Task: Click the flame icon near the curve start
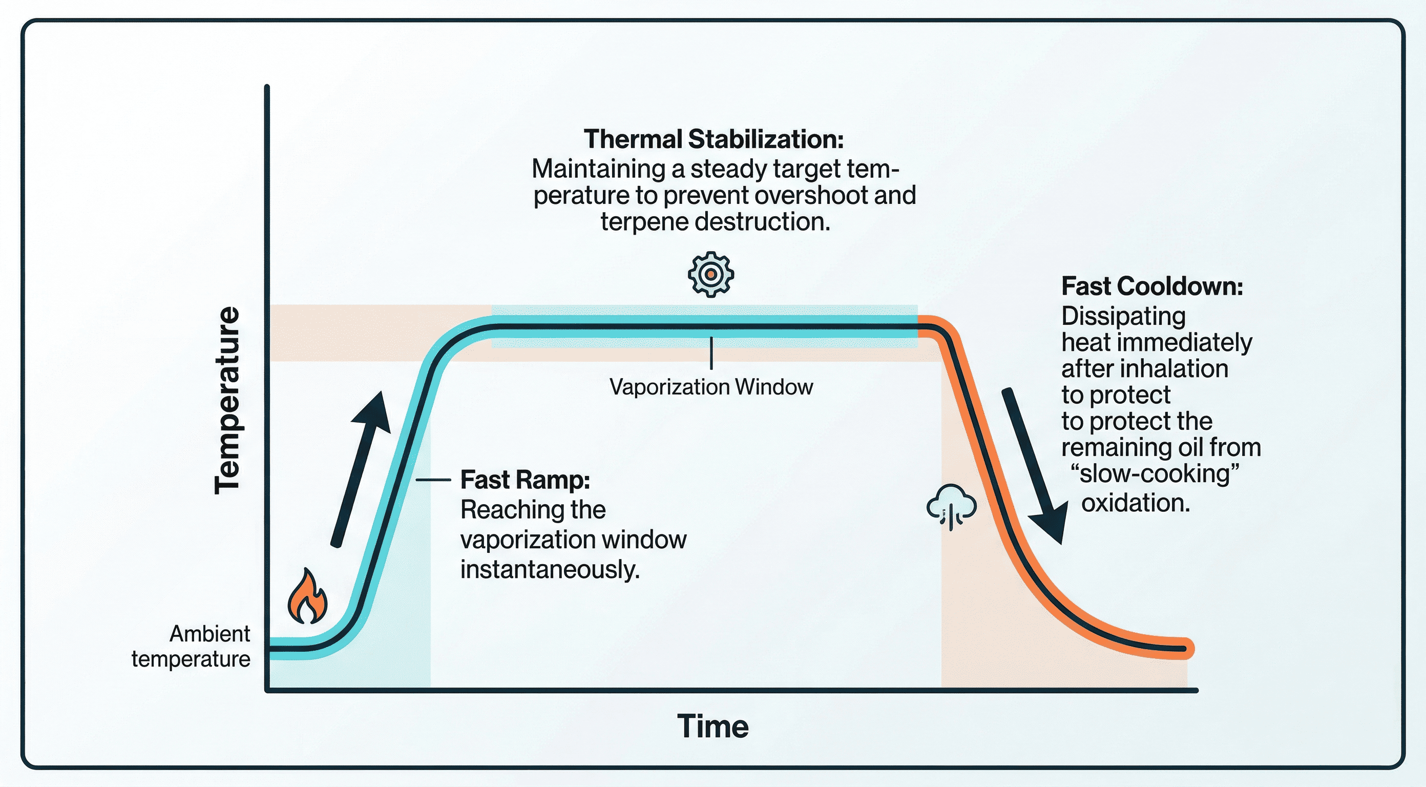coord(307,597)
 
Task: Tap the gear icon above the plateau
coord(711,275)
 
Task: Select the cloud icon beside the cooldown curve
coord(951,505)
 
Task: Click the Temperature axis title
coord(227,400)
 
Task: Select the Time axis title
coord(712,726)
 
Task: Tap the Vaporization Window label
coord(711,386)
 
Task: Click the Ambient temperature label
coord(191,646)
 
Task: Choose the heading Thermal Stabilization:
coord(714,139)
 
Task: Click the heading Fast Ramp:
coord(525,480)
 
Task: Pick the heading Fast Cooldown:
coord(1152,286)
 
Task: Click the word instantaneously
coord(550,569)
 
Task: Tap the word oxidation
coord(1135,503)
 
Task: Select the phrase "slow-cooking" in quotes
coord(1155,474)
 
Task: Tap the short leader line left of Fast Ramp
coord(433,480)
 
